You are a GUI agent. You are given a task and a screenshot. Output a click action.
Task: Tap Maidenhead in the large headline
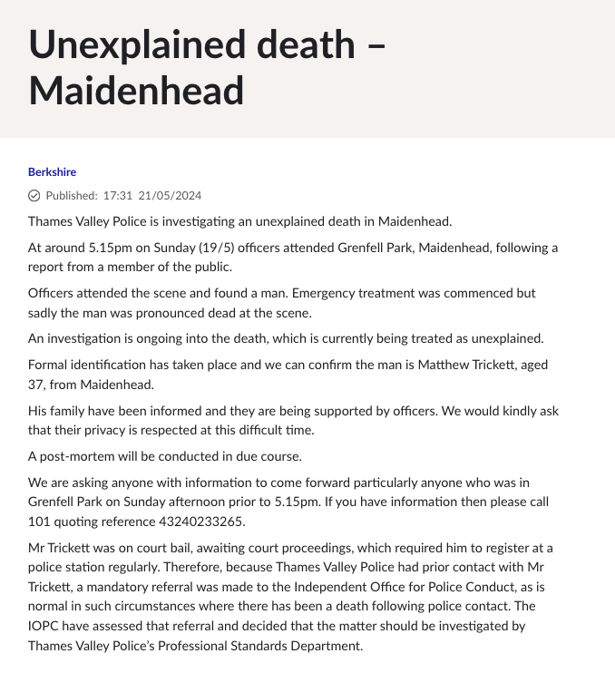point(136,90)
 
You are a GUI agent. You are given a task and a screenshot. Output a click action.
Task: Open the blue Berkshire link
point(52,171)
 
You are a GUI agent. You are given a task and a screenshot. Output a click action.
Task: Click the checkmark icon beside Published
point(34,195)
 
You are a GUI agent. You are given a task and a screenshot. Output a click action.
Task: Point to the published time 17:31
point(118,195)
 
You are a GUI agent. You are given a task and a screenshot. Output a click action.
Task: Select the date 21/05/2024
point(170,195)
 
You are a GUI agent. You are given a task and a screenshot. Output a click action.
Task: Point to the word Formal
point(47,365)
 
